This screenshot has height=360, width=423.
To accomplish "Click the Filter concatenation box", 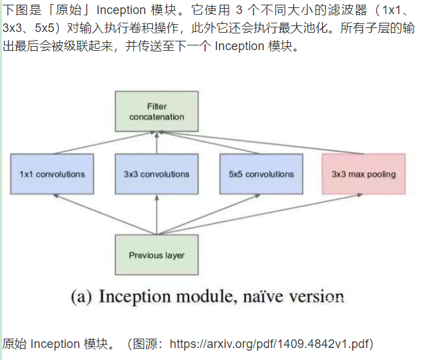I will tap(156, 112).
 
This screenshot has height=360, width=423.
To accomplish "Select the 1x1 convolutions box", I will tap(52, 174).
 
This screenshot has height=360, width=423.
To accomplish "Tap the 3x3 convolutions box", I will tap(156, 174).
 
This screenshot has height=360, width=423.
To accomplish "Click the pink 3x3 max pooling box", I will tap(364, 174).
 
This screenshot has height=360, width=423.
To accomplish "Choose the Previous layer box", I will tap(156, 254).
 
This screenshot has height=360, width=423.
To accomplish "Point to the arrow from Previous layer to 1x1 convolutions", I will tap(100, 213).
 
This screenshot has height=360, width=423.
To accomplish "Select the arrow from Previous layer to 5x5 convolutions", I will tap(210, 213).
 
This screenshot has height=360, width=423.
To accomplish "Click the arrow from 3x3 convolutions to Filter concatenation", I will tap(156, 143).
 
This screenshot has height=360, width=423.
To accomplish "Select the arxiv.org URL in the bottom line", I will tap(271, 344).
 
